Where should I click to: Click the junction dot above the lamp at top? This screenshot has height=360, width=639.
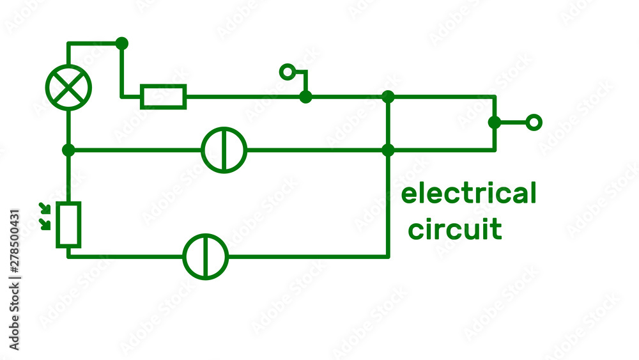coord(122,43)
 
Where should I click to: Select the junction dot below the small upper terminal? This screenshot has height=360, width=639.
coord(305,97)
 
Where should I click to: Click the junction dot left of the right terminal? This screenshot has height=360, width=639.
coord(495,122)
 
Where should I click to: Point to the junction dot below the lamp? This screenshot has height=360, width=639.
coord(68,150)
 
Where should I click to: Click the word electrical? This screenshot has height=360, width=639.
coord(468,194)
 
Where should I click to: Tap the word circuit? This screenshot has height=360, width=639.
coord(455,229)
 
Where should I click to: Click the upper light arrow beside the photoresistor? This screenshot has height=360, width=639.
coord(45,208)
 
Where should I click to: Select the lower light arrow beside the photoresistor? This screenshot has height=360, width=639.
coord(45,224)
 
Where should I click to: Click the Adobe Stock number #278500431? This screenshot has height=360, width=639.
coord(14,241)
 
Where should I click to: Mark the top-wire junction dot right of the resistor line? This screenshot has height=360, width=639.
coord(388,97)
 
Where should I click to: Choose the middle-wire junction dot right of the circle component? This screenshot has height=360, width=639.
coord(388,150)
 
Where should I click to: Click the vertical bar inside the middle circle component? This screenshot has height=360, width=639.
coord(224,150)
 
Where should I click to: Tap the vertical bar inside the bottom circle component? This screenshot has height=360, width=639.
coord(205,257)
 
